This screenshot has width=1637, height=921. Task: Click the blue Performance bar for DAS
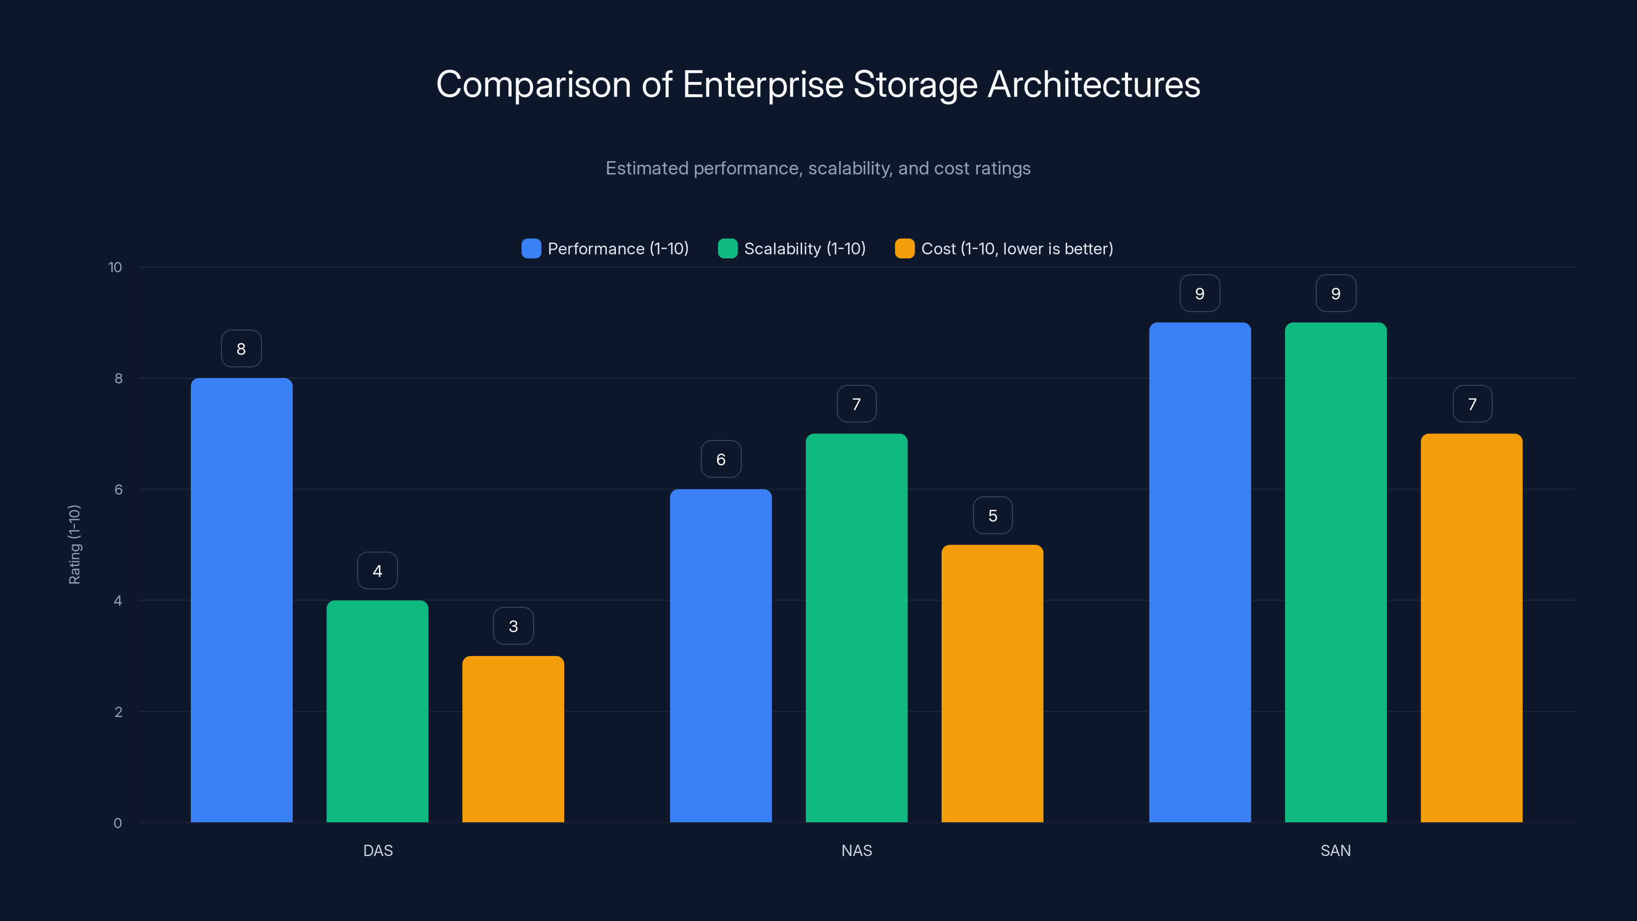(241, 600)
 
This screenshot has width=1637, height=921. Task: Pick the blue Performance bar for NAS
(721, 655)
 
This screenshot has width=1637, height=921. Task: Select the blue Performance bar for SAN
(1200, 572)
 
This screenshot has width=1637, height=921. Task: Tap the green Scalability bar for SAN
(1335, 572)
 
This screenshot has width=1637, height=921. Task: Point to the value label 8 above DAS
(241, 348)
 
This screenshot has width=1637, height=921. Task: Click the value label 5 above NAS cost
(992, 515)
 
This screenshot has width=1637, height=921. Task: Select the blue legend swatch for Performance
(532, 249)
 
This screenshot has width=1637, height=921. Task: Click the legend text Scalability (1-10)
(805, 249)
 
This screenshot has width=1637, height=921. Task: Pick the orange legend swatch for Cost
(904, 249)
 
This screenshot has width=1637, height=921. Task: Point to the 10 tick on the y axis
(115, 267)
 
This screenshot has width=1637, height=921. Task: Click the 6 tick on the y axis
(118, 490)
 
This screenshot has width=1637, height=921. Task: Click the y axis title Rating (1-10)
(74, 545)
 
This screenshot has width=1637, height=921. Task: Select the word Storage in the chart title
(915, 84)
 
